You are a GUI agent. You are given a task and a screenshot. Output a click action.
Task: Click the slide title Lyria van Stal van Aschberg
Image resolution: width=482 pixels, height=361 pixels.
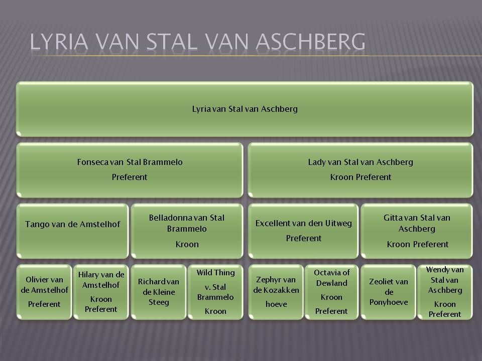coord(197,42)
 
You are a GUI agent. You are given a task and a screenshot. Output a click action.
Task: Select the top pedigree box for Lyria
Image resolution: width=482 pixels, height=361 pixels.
coord(245,109)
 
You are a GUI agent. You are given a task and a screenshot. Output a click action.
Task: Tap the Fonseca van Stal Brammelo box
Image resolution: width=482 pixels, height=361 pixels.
coord(130,170)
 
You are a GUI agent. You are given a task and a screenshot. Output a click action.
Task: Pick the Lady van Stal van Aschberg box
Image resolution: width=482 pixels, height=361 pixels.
coord(360,170)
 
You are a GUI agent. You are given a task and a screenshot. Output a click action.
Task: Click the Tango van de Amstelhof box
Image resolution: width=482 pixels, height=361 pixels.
coord(72,231)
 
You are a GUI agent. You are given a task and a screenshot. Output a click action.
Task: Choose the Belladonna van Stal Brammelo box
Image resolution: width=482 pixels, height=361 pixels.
coord(187,231)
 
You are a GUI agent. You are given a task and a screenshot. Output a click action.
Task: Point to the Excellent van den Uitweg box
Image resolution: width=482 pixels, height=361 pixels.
coord(303,231)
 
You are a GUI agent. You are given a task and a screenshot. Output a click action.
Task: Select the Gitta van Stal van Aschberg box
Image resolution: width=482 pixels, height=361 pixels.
coord(417,231)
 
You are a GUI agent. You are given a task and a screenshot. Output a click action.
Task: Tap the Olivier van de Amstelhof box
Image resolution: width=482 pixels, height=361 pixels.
coord(44,292)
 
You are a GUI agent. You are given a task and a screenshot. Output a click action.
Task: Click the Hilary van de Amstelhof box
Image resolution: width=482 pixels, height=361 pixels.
coord(101,292)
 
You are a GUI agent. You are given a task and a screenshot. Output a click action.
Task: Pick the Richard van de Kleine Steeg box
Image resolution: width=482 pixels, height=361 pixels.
coord(159,292)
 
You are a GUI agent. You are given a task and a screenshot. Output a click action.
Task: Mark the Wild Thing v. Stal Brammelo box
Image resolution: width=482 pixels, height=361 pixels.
coord(215,292)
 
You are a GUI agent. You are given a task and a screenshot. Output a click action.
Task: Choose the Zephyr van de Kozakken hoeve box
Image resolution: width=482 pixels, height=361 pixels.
coord(276,292)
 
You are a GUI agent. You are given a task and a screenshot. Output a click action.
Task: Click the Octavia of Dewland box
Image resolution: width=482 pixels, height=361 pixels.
coord(332,292)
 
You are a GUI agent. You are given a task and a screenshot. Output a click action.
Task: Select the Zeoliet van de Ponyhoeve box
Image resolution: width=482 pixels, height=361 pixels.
coord(389,292)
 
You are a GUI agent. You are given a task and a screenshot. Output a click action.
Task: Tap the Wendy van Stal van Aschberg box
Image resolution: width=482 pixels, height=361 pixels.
coord(445,292)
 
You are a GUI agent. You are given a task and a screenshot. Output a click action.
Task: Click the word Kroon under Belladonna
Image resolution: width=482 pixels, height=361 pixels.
coord(187,244)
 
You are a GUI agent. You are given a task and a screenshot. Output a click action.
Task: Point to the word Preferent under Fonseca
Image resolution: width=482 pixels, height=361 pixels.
coord(130,177)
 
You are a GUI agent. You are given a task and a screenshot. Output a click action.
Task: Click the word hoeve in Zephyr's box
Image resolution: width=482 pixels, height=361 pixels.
coord(276,304)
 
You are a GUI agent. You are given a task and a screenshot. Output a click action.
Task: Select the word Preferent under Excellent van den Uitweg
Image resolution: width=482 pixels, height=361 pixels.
coord(304,238)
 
